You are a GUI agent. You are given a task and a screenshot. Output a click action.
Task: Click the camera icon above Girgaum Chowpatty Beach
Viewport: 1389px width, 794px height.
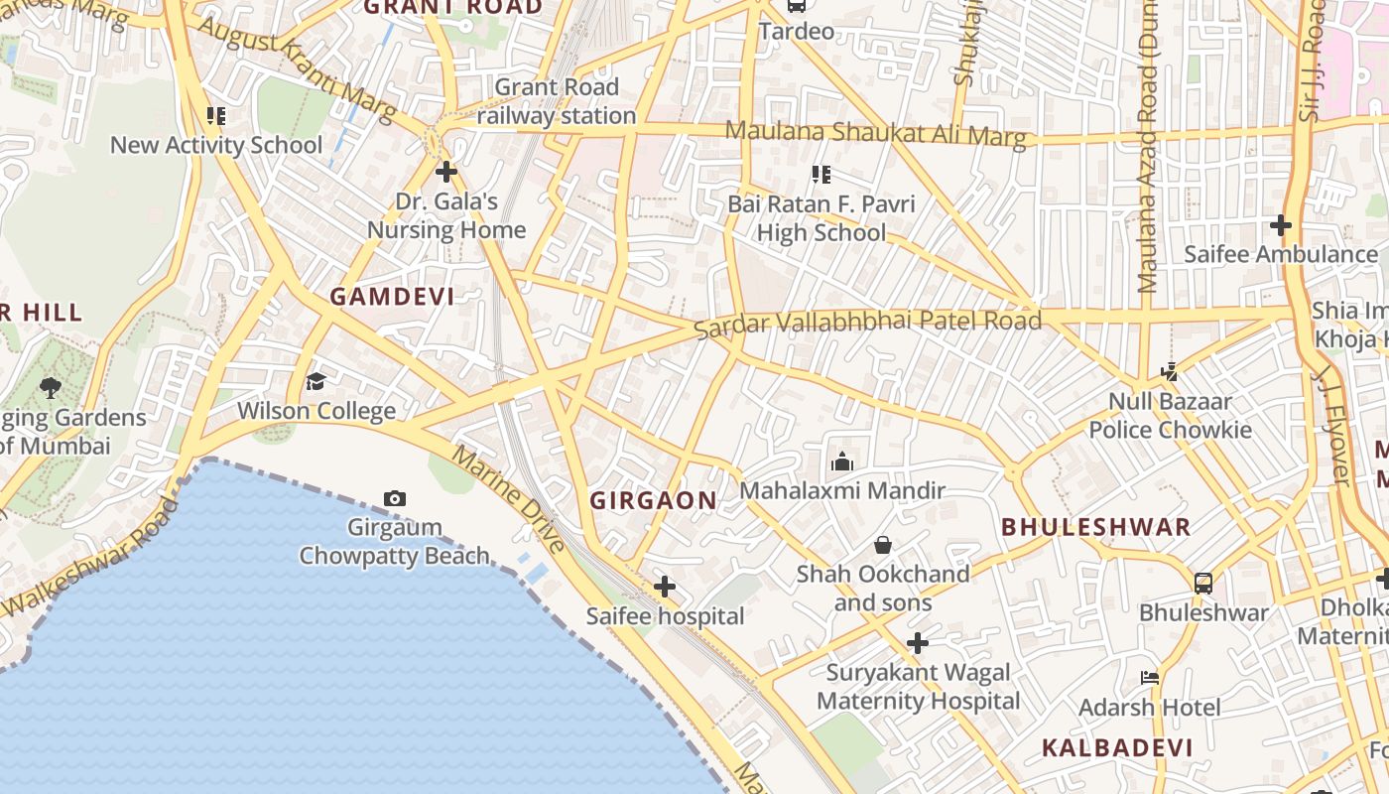pos(395,498)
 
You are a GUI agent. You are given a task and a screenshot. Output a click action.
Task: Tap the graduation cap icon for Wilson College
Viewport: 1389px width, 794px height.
pos(316,381)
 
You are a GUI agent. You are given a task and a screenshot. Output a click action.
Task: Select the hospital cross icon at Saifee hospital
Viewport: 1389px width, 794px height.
pos(665,588)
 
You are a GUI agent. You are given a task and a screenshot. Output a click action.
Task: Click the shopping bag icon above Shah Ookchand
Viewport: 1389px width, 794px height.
pos(882,545)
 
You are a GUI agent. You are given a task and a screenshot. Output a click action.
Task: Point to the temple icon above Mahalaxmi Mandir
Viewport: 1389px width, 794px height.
pos(842,461)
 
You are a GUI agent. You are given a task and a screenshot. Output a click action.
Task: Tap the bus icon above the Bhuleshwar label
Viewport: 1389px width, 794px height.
pos(1203,583)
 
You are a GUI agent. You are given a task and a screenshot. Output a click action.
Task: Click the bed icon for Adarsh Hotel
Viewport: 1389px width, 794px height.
pos(1150,678)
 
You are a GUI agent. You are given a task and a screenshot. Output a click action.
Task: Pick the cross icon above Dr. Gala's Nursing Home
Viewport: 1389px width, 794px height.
pos(446,172)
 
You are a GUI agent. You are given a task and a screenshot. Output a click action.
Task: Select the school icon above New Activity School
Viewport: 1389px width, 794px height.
pos(215,116)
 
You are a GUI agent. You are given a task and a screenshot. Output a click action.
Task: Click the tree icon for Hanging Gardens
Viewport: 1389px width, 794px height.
pos(50,387)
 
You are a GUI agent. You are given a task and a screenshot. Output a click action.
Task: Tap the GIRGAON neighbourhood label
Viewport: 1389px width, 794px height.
pos(653,501)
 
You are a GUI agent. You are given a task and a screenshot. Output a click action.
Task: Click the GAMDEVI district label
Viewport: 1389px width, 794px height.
pos(392,297)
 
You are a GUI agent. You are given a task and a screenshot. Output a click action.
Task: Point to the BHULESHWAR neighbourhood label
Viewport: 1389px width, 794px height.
pos(1095,527)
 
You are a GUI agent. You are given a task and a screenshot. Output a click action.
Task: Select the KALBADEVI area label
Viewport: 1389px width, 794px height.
pos(1116,748)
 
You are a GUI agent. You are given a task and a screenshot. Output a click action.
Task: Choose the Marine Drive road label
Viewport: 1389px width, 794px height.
pos(509,499)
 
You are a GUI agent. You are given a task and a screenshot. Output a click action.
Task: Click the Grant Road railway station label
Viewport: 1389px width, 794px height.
pos(557,101)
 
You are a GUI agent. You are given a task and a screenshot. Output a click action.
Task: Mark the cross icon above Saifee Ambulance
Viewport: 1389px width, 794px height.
pos(1281,225)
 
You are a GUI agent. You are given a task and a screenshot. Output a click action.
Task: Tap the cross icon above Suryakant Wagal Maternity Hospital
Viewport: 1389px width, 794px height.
pos(918,643)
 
